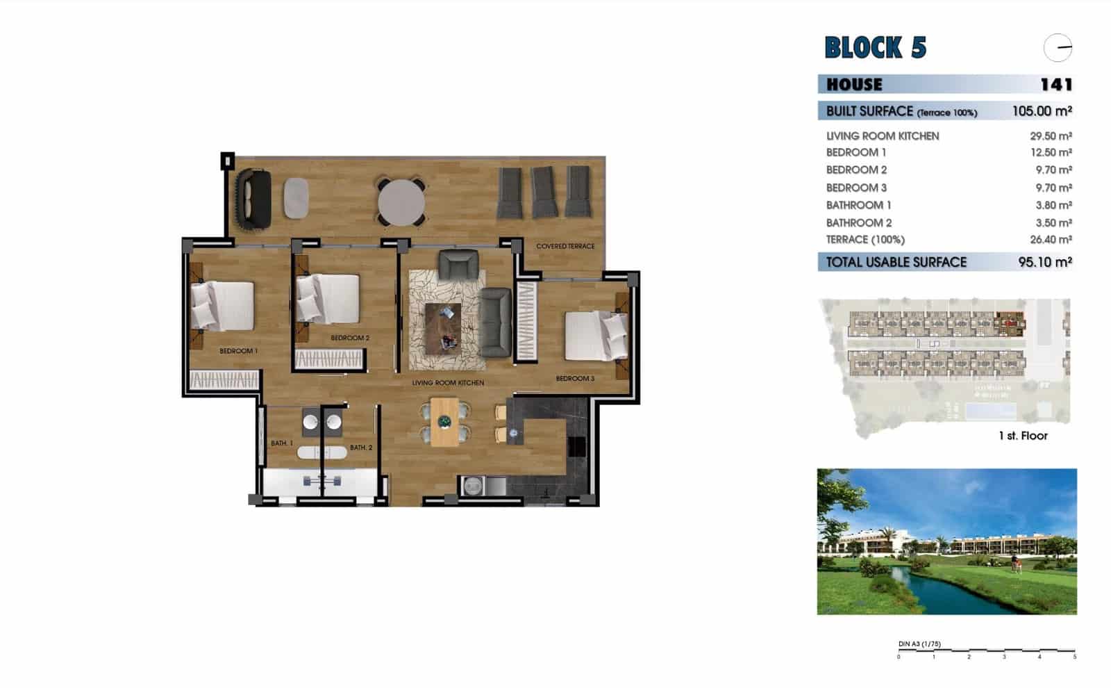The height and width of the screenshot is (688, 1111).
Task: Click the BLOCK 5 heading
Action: click(x=875, y=47)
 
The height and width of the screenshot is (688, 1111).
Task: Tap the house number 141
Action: click(x=1056, y=85)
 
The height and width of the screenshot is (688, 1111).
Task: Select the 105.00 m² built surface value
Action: click(x=1042, y=111)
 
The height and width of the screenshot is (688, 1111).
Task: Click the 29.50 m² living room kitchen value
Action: click(x=1051, y=136)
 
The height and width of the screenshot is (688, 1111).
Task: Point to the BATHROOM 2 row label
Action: click(x=858, y=223)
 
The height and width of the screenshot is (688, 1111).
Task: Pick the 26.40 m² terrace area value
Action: click(x=1051, y=240)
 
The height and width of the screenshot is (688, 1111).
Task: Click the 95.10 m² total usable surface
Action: click(x=1044, y=263)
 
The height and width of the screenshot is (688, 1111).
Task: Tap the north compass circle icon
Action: click(x=1058, y=48)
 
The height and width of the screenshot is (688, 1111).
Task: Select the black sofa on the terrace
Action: click(x=253, y=199)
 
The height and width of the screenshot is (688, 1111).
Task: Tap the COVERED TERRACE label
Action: click(x=565, y=246)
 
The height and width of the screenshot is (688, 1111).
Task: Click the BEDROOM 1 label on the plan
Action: click(x=238, y=351)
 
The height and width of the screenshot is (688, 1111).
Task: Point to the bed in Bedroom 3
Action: click(x=596, y=336)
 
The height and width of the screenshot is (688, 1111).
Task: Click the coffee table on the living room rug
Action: click(x=443, y=328)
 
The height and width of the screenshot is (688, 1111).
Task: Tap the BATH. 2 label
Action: click(x=361, y=448)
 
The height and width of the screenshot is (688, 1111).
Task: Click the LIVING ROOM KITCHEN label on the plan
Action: click(x=448, y=383)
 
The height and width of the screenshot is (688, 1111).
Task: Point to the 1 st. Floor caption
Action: click(x=1022, y=436)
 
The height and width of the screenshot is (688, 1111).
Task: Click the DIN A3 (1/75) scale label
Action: click(x=919, y=644)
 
